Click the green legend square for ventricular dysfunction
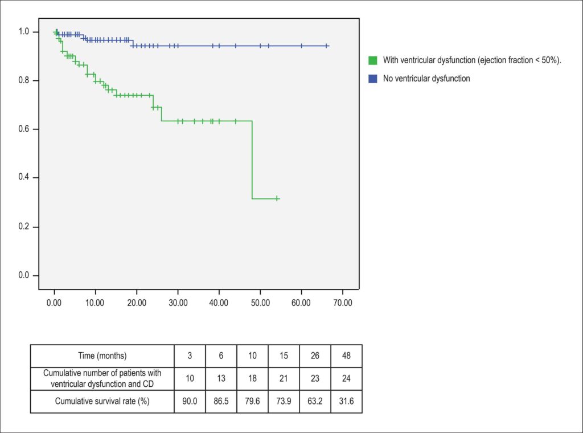(372, 60)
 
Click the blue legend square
(372, 79)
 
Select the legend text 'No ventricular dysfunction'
(426, 79)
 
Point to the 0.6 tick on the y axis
(36, 129)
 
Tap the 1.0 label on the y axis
(23, 31)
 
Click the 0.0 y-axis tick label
(23, 275)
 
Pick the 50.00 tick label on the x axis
(260, 303)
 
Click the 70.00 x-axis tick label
(342, 303)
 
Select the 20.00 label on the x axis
(137, 303)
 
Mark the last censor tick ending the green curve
(277, 199)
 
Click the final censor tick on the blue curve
(326, 46)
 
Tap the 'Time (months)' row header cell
(102, 356)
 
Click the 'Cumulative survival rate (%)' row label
(102, 402)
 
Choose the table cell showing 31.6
(346, 402)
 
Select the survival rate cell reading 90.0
(190, 402)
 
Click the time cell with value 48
(346, 356)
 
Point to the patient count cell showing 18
(252, 379)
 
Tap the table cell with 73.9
(284, 402)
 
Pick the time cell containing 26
(315, 356)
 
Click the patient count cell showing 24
(346, 379)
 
